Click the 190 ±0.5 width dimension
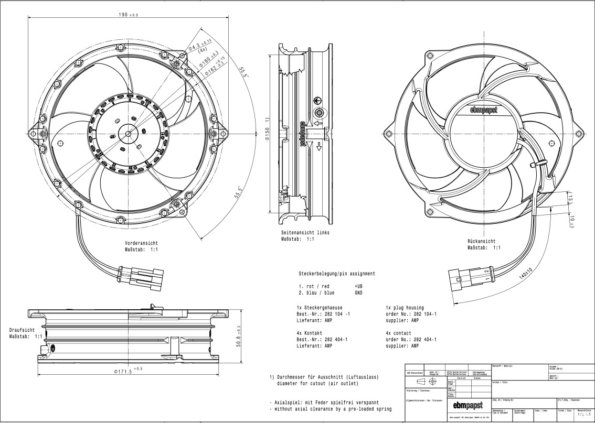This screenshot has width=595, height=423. (128, 15)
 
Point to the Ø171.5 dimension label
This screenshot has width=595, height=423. (129, 371)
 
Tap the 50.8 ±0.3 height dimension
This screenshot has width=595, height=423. (239, 336)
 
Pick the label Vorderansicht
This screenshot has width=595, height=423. (141, 243)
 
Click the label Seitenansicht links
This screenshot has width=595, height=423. (305, 232)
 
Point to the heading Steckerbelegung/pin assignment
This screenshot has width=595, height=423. (336, 274)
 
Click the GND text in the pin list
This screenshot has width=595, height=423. (359, 293)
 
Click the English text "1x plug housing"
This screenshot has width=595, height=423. (405, 308)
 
